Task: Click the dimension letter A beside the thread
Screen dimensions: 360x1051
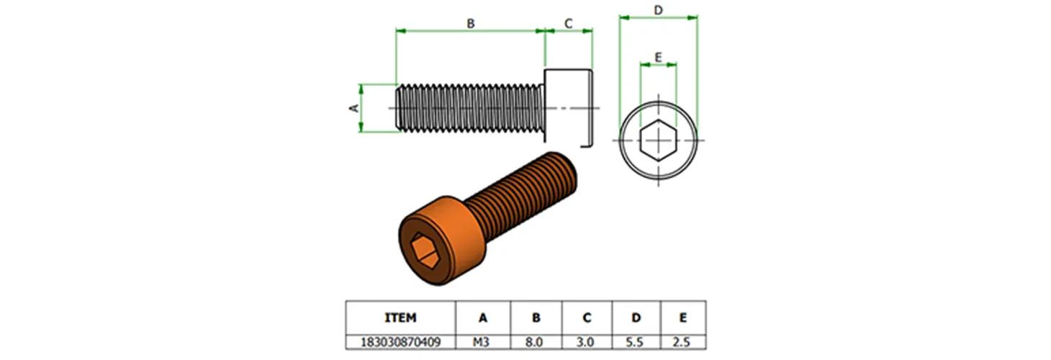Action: (x=353, y=108)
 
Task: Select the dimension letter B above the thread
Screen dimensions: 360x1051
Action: (x=471, y=24)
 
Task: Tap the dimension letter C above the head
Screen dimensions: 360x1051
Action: (x=568, y=24)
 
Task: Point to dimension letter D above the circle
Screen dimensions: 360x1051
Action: (x=658, y=10)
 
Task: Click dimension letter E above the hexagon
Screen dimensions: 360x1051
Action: (x=658, y=57)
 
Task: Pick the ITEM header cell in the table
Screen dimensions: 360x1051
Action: (x=401, y=318)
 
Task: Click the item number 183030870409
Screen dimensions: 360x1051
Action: (x=401, y=342)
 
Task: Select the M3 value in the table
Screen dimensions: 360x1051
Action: (x=482, y=342)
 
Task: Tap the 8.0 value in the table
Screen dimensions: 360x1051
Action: (x=536, y=342)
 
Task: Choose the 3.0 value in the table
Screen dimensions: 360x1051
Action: (x=586, y=342)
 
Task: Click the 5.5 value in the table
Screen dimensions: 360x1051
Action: (x=636, y=342)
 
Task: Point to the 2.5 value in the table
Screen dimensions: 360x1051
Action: (x=682, y=342)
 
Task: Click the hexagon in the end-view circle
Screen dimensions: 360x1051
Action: (x=658, y=140)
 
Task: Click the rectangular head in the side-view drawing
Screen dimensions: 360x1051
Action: (x=569, y=108)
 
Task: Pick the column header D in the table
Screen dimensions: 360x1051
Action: (x=636, y=318)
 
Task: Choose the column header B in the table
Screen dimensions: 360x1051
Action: (x=536, y=318)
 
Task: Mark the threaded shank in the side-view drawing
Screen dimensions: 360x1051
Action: (x=469, y=108)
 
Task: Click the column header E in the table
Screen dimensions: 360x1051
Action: (x=682, y=318)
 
